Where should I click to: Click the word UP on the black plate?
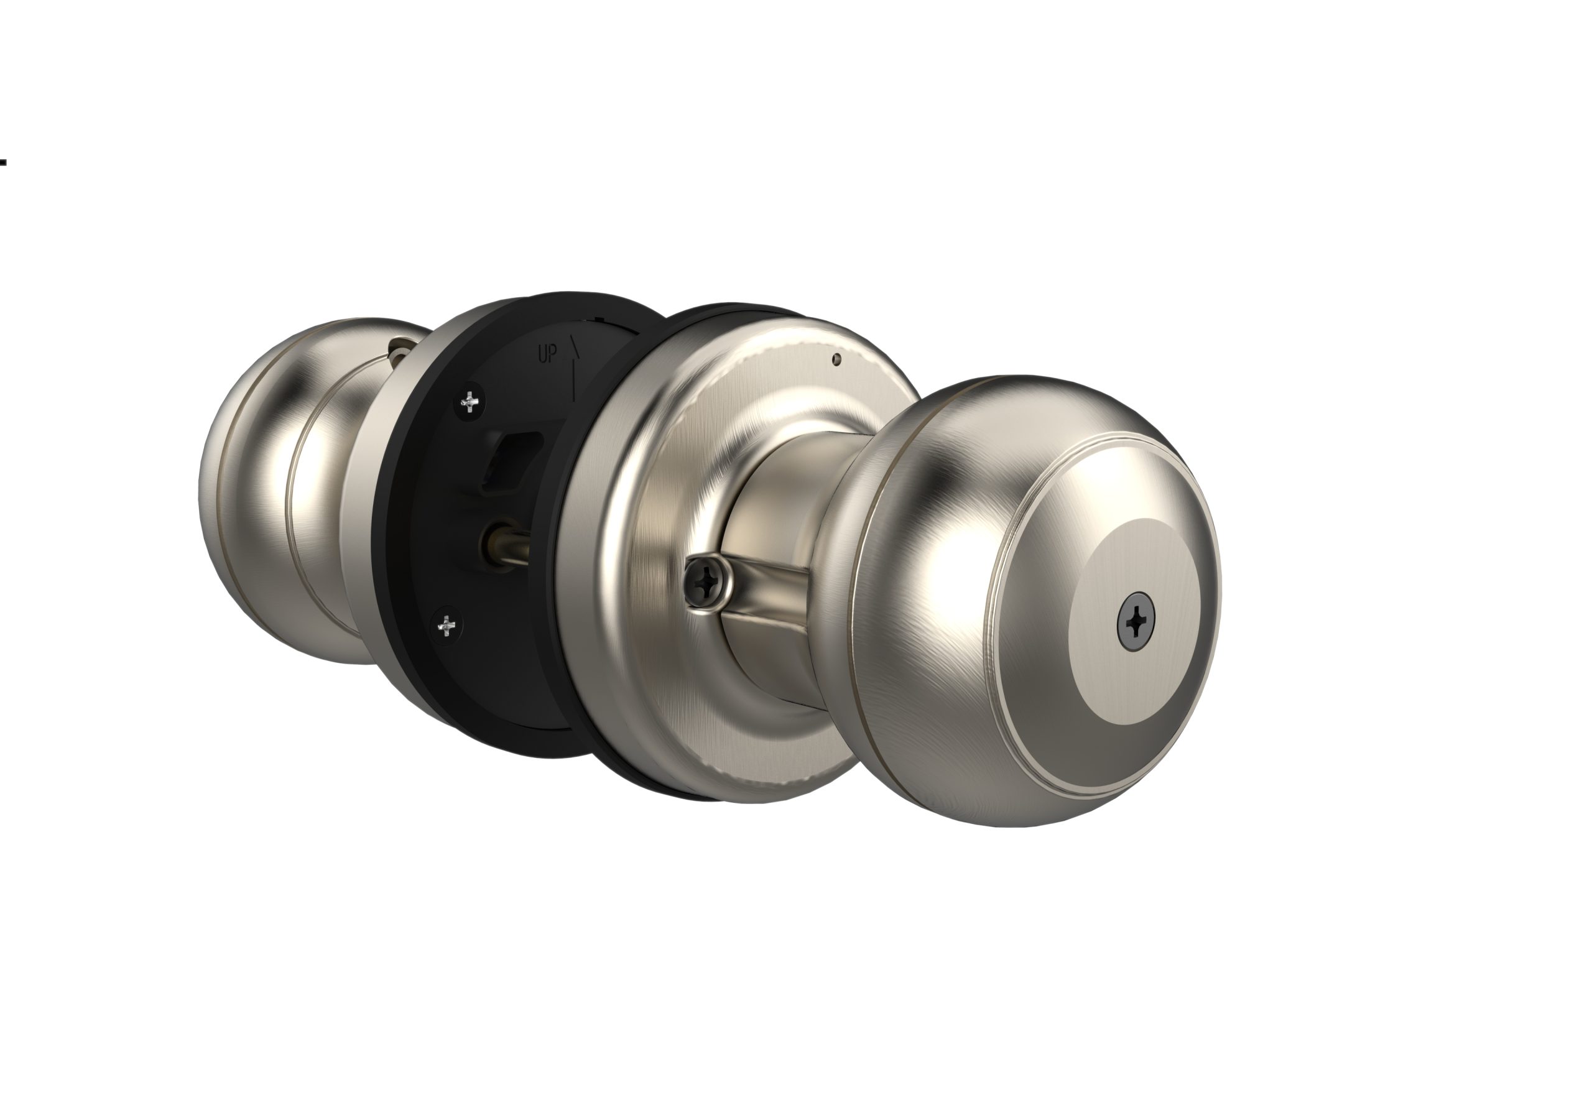click(x=547, y=354)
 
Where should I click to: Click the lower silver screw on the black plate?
click(x=447, y=627)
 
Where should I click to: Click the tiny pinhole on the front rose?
click(x=837, y=359)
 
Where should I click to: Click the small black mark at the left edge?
click(x=4, y=162)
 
